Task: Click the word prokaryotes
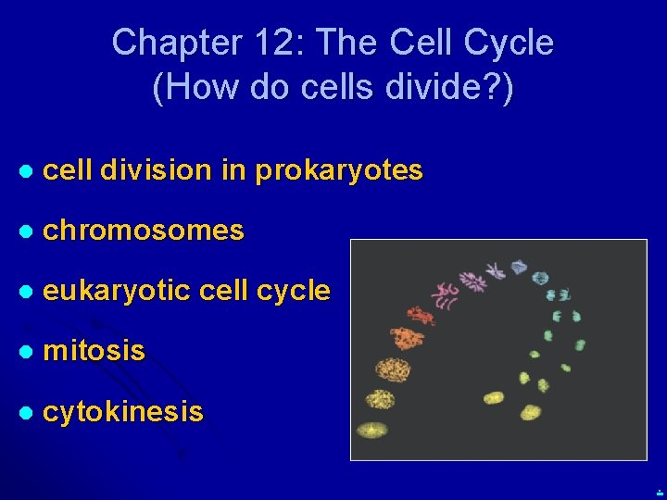tap(339, 170)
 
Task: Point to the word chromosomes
tap(144, 231)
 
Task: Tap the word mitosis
tap(94, 351)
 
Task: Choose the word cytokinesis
tap(123, 411)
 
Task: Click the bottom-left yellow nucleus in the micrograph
tap(372, 431)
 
